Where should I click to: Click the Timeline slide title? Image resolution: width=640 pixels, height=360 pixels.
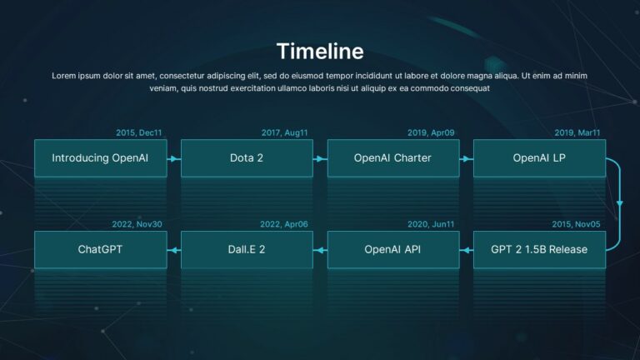pos(320,51)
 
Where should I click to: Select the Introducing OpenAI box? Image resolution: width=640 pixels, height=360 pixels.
pos(100,157)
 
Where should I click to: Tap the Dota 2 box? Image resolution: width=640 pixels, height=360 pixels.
pos(247,157)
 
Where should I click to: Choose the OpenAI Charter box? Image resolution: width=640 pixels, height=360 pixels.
pos(392,157)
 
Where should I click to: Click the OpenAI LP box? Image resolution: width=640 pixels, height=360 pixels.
pos(539,157)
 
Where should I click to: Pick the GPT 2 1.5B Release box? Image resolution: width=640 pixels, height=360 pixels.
pos(539,249)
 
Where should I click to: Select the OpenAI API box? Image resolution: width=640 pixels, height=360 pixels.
pos(392,249)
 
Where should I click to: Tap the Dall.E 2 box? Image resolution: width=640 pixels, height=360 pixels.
pos(247,249)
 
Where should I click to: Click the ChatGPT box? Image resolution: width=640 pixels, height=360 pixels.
pos(100,249)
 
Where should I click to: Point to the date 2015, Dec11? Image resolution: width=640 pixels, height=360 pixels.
pos(139,132)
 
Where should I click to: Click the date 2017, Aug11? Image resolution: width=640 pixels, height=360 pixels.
pos(285,132)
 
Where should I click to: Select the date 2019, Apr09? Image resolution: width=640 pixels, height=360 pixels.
pos(431,132)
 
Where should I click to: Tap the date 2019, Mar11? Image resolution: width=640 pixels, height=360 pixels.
pos(577,132)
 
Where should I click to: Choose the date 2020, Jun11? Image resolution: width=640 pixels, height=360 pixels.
pos(431,224)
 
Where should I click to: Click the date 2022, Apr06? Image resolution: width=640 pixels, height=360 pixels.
pos(284,224)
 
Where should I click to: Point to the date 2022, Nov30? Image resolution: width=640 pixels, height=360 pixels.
pos(138,224)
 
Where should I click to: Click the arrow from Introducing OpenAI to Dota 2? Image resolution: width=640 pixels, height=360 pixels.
pos(173,157)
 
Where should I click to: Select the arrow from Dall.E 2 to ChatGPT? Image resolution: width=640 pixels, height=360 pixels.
pos(173,249)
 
